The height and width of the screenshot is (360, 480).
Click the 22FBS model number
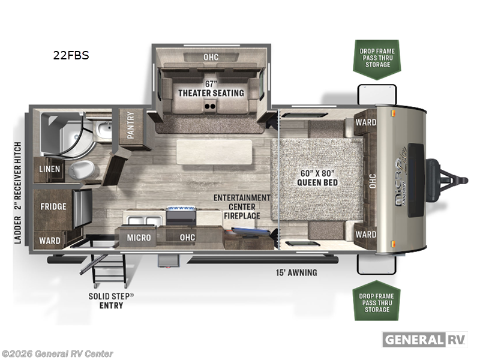click(71, 55)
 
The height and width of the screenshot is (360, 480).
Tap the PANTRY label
click(131, 125)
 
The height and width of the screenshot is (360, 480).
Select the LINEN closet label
click(50, 169)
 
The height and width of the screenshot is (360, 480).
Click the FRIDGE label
click(53, 206)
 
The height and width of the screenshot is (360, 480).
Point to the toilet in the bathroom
click(82, 169)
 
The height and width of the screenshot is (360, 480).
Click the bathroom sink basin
click(104, 129)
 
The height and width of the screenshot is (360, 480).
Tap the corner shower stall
click(64, 133)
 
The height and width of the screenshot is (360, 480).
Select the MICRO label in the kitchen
click(139, 238)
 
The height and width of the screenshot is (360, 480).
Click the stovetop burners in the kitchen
click(181, 209)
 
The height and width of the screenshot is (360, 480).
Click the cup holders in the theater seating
click(210, 107)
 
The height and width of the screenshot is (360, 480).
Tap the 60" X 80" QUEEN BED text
click(317, 178)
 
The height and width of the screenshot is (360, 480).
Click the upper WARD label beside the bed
click(366, 122)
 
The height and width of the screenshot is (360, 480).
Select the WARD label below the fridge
click(50, 241)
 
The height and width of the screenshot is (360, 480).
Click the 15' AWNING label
click(296, 272)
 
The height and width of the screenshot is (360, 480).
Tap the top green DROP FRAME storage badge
click(377, 59)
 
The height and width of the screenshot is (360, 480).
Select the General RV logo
click(425, 340)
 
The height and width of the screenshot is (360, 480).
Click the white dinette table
click(214, 152)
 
